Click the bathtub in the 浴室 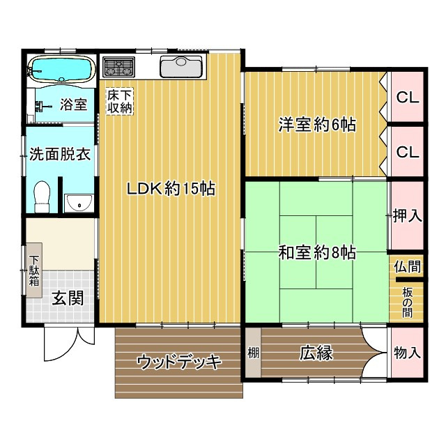point(61,70)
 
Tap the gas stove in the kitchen point(119,68)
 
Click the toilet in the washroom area point(43,196)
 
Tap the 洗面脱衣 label point(59,155)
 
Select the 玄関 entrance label point(68,298)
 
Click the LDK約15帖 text point(169,188)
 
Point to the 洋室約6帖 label point(318,125)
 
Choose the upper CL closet point(408,98)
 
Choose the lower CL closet point(408,151)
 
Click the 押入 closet point(408,215)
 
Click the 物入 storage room point(407,353)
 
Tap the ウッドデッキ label point(179,362)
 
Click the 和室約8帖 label point(318,253)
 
